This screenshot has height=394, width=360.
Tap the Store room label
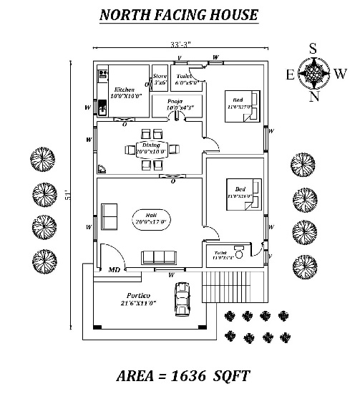tap(160, 77)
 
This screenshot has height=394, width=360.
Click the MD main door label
tap(113, 271)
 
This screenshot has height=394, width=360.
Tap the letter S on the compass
tap(312, 49)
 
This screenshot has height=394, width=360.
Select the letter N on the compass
tap(313, 97)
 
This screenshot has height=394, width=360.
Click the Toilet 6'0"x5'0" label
tap(188, 79)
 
